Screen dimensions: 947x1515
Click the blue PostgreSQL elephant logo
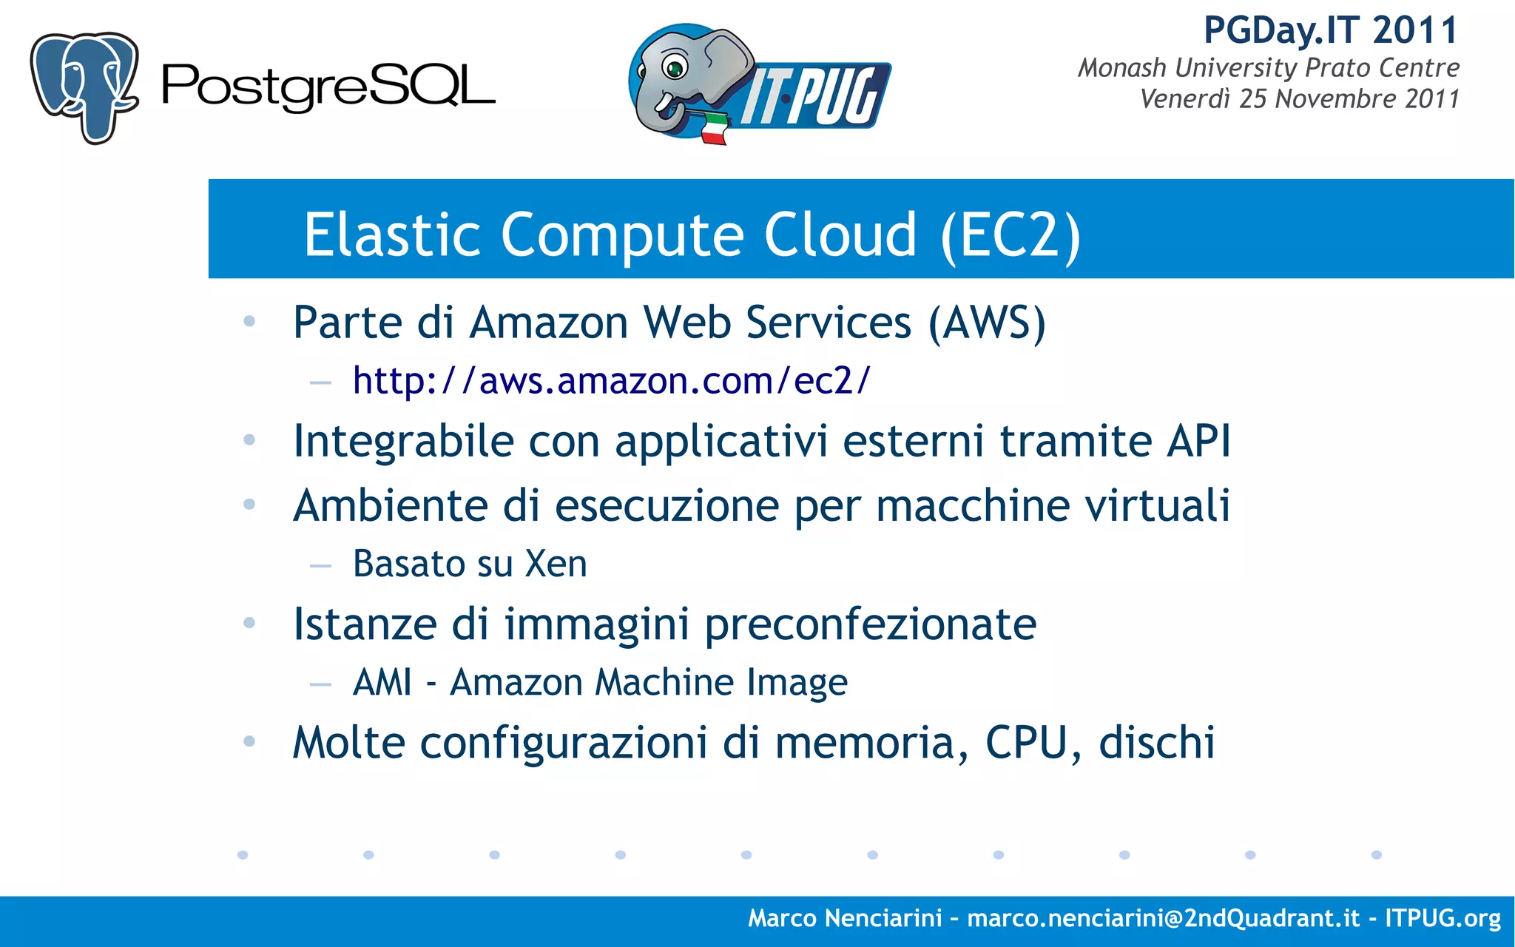point(84,87)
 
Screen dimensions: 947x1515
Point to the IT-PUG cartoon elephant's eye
point(674,68)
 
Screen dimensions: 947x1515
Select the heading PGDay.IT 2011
point(1331,31)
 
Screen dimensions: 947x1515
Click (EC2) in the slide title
point(1010,235)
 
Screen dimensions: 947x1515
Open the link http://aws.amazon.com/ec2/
point(612,381)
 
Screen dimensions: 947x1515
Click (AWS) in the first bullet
point(987,323)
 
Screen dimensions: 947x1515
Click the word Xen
point(556,564)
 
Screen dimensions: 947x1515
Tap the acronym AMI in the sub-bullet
point(382,682)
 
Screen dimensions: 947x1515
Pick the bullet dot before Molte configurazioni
point(249,741)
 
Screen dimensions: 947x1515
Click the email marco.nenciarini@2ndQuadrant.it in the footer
point(1163,918)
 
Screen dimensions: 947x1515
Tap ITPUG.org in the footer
point(1443,918)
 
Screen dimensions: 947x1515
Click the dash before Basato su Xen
point(320,566)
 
